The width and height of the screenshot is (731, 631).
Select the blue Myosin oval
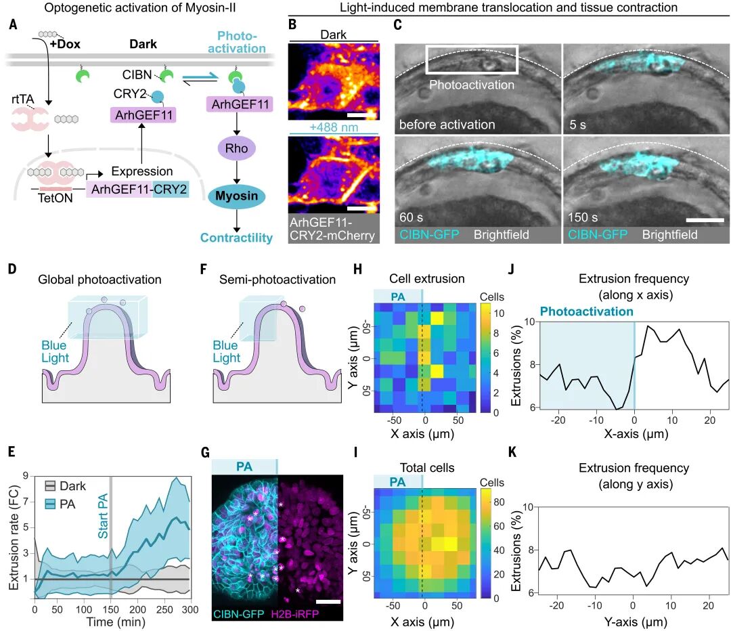(237, 196)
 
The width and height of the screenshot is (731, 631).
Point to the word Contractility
(236, 237)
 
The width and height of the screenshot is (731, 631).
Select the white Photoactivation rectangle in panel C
(472, 59)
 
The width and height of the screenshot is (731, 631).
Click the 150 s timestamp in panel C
(583, 217)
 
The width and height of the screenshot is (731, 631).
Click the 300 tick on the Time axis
(190, 612)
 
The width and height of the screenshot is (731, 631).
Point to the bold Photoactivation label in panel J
(586, 311)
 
